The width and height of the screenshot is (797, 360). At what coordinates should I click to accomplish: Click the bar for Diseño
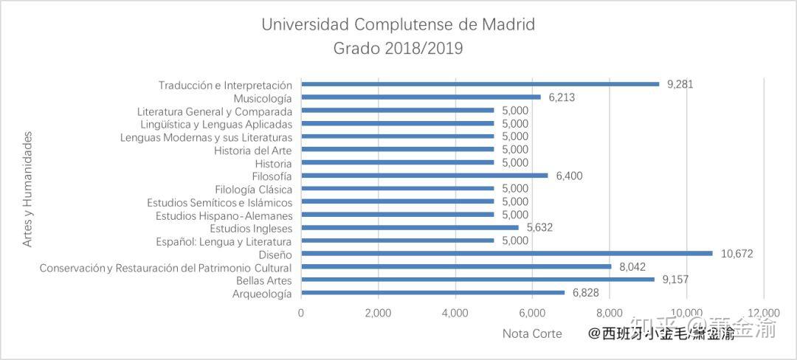point(507,253)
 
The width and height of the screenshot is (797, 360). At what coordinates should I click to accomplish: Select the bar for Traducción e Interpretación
point(480,83)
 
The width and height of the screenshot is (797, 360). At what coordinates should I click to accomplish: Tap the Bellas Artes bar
point(477,280)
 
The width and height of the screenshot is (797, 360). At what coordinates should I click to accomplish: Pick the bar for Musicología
point(421,97)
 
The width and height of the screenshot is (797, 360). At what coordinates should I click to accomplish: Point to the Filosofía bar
point(424,175)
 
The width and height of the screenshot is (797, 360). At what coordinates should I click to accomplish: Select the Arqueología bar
point(432,293)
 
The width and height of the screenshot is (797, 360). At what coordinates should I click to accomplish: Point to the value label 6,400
point(570,176)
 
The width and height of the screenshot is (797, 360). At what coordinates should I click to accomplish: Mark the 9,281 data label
point(680,84)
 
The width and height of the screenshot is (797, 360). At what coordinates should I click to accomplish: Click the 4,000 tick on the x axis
point(455,312)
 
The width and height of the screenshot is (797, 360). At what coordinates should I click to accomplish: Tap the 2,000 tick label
point(378,312)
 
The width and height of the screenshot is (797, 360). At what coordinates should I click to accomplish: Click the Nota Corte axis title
point(532,333)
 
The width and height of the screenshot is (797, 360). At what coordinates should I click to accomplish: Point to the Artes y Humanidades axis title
point(28,189)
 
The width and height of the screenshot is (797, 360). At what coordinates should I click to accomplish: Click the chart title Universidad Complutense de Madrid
point(398,24)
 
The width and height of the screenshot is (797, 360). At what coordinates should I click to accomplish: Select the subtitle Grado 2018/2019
point(398,49)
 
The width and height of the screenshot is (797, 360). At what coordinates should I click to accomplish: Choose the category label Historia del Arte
point(253,150)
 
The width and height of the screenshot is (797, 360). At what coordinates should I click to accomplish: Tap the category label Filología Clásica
point(253,189)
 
